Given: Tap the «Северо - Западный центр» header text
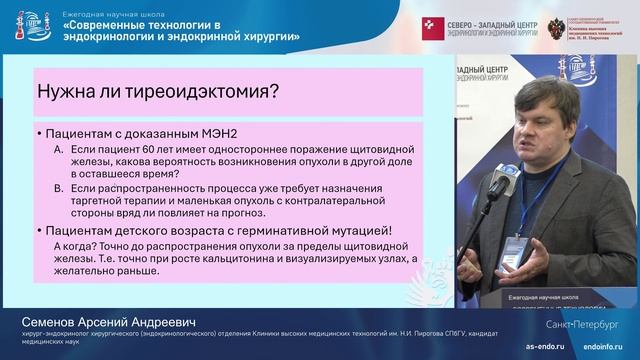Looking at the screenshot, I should pyautogui.click(x=480, y=20).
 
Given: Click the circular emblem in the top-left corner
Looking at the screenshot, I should pyautogui.click(x=21, y=23).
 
